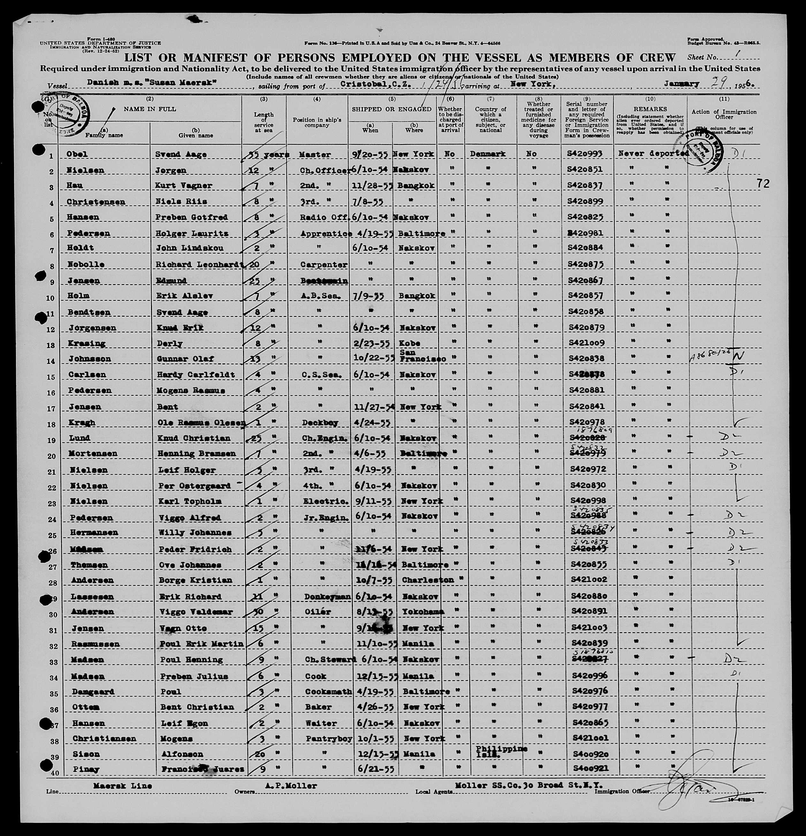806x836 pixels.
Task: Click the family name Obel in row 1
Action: click(77, 154)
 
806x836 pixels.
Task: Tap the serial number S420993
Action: click(585, 154)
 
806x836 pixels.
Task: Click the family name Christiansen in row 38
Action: click(104, 738)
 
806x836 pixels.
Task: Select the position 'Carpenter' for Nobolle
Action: click(324, 264)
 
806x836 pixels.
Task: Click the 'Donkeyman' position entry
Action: click(328, 596)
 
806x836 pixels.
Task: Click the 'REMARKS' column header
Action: click(650, 109)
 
